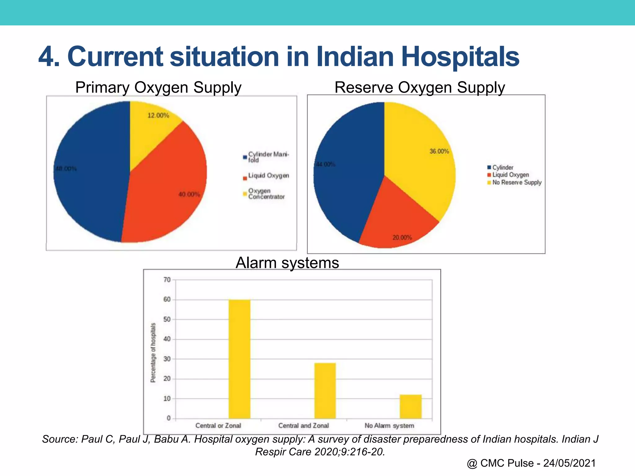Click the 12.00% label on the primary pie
pyautogui.click(x=158, y=116)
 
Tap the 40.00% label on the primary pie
pyautogui.click(x=189, y=195)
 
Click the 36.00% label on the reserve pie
pyautogui.click(x=439, y=152)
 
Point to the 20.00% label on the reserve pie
pyautogui.click(x=402, y=238)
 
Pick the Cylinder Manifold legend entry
pyautogui.click(x=268, y=157)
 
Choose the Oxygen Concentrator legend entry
pyautogui.click(x=266, y=194)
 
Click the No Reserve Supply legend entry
pyautogui.click(x=517, y=183)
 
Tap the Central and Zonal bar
pyautogui.click(x=325, y=390)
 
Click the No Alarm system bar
pyautogui.click(x=411, y=406)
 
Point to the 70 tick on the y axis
pyautogui.click(x=167, y=280)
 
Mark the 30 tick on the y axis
pyautogui.click(x=167, y=359)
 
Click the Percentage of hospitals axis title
pyautogui.click(x=153, y=353)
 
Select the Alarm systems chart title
pyautogui.click(x=287, y=263)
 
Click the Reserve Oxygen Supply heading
pyautogui.click(x=420, y=88)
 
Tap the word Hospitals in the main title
pyautogui.click(x=460, y=57)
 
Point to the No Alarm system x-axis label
pyautogui.click(x=389, y=426)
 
